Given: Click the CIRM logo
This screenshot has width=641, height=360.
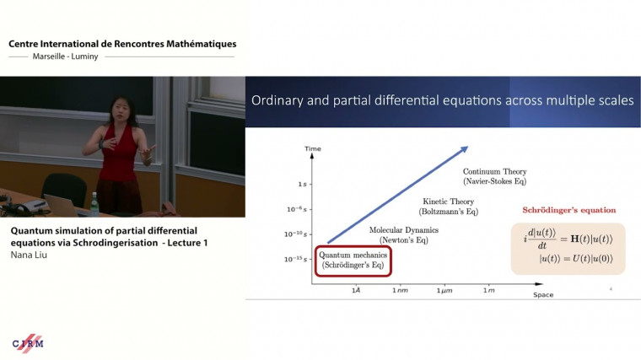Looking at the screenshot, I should [28, 342].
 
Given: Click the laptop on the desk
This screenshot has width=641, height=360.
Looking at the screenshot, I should [63, 205].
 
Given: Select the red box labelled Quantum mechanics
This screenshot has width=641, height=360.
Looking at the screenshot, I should [354, 261].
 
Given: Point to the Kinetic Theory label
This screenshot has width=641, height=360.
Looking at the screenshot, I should [448, 207].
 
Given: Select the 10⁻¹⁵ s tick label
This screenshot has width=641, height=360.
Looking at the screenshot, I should [297, 258].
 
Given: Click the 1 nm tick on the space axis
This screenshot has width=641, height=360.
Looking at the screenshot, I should [400, 289].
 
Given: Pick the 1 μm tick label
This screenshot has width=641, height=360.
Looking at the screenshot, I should [444, 289].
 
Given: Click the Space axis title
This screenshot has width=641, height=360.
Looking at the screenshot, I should [543, 295].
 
